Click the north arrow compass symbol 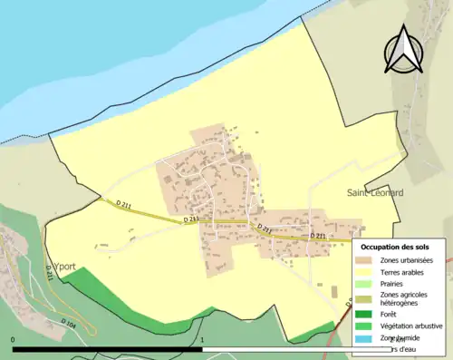403,49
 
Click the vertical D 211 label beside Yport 48,271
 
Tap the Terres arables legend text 407,271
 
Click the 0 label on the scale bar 14,340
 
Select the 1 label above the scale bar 202,340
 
